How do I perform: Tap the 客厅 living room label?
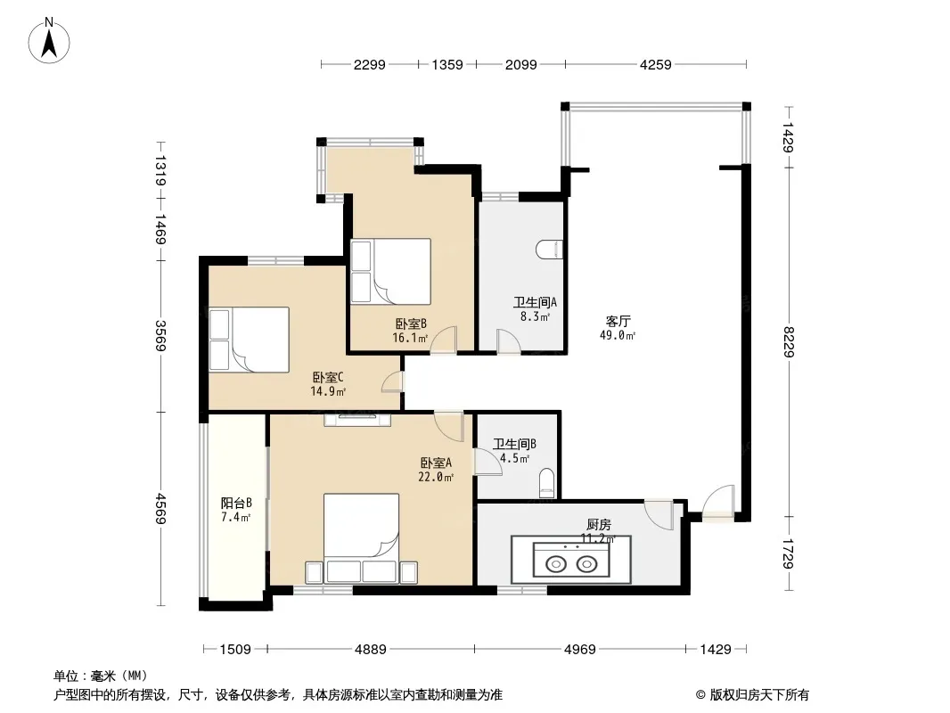618,321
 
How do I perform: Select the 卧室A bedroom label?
436,463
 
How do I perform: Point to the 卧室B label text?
411,324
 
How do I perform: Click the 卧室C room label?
328,377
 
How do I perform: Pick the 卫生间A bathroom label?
535,302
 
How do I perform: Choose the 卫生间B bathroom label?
514,444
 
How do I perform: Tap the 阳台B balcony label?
235,503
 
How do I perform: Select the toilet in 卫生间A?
550,249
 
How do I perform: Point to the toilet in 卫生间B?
546,483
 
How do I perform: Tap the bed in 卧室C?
249,340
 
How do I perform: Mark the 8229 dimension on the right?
788,341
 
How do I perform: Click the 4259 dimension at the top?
656,64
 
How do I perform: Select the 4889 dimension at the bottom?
370,650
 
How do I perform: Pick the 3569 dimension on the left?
160,336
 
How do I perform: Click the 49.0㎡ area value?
618,335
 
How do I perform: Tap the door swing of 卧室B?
444,340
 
